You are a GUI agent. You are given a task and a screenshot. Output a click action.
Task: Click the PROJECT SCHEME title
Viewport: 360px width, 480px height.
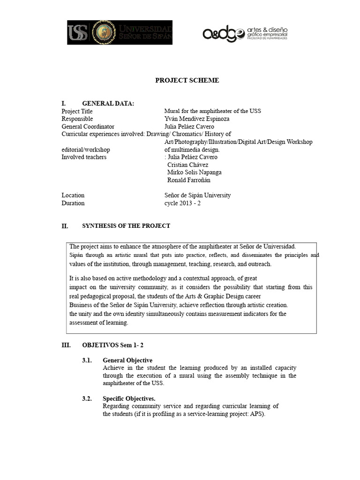point(187,80)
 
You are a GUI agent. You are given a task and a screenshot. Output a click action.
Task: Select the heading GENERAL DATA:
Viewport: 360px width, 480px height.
point(108,104)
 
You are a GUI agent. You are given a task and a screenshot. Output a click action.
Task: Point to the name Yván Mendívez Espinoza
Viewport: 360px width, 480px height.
point(197,119)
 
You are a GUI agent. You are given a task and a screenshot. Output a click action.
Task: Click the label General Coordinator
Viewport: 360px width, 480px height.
point(88,127)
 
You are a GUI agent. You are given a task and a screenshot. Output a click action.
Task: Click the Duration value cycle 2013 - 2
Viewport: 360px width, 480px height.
point(183,203)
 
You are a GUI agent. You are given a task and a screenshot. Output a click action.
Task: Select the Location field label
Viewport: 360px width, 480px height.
point(73,195)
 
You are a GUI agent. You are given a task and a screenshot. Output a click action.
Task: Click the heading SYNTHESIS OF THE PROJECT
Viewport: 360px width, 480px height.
point(126,226)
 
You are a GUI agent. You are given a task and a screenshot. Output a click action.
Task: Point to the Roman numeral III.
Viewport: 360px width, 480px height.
point(66,345)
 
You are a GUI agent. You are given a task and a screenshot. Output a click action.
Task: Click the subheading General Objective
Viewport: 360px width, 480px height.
point(127,360)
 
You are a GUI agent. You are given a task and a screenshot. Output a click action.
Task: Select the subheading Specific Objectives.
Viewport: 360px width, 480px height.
point(129,398)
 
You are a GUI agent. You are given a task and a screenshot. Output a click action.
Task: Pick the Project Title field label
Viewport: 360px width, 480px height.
point(77,112)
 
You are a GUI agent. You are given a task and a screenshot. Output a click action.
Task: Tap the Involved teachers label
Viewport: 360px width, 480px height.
point(84,157)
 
